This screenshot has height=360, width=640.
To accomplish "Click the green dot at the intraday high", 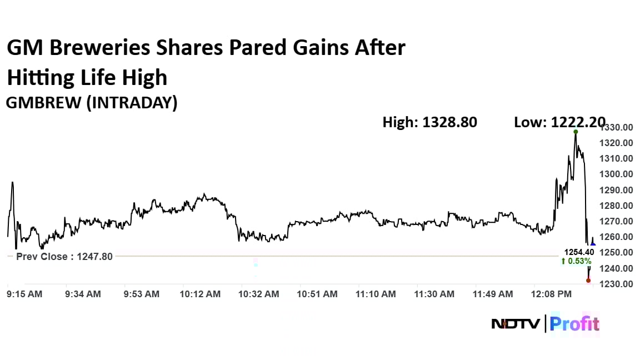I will pyautogui.click(x=576, y=132).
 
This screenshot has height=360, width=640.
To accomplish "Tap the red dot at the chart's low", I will pyautogui.click(x=588, y=280).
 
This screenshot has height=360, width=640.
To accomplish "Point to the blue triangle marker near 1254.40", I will pyautogui.click(x=593, y=244).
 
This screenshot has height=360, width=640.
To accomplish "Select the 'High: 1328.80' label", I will pyautogui.click(x=429, y=122).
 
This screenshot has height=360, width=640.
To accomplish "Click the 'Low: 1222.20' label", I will pyautogui.click(x=559, y=122).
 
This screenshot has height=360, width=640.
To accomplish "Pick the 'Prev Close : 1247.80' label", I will pyautogui.click(x=64, y=257).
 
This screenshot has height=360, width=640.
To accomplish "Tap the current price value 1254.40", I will pyautogui.click(x=579, y=252).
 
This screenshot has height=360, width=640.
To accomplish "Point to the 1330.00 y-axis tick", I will pyautogui.click(x=617, y=127).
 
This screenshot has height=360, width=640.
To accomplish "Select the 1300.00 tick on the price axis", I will pyautogui.click(x=617, y=174).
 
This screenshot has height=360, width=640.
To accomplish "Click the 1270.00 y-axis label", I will pyautogui.click(x=617, y=221).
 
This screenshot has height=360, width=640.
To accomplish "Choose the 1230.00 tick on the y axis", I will pyautogui.click(x=617, y=284).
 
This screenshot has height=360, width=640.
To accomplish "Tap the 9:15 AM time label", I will pyautogui.click(x=24, y=294).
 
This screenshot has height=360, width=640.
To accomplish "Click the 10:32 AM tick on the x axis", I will pyautogui.click(x=259, y=294).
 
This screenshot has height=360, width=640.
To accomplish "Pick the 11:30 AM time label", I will pyautogui.click(x=434, y=294).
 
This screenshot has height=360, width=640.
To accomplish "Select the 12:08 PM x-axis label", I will pyautogui.click(x=552, y=294).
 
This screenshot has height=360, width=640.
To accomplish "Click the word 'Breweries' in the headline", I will pyautogui.click(x=101, y=49).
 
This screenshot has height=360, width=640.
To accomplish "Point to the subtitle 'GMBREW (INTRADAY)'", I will pyautogui.click(x=92, y=103).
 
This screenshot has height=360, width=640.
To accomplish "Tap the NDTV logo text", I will pyautogui.click(x=515, y=323).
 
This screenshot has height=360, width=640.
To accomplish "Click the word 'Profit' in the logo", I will pyautogui.click(x=575, y=323).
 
